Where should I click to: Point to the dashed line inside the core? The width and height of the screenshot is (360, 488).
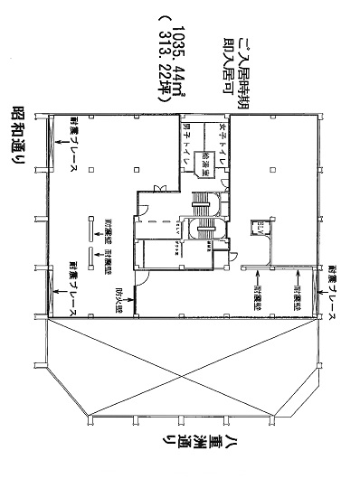163,221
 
